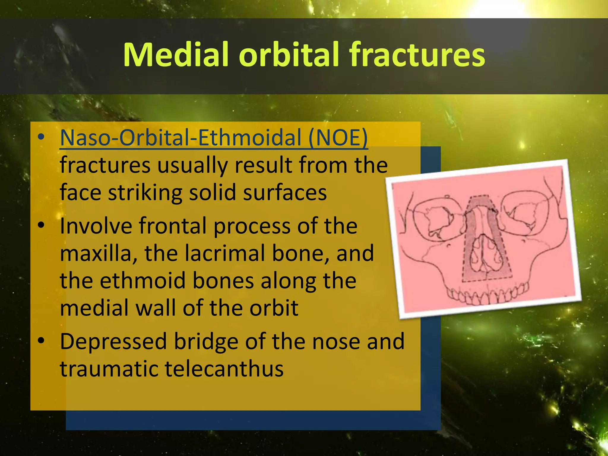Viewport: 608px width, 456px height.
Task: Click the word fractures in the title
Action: [x=417, y=55]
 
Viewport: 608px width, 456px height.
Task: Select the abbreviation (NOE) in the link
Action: [x=338, y=138]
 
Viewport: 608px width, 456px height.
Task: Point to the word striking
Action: [x=145, y=193]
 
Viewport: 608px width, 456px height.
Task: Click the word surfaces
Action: [x=285, y=193]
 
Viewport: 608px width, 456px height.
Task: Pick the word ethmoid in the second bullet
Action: [x=143, y=281]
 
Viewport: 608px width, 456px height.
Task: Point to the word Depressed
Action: [x=113, y=341]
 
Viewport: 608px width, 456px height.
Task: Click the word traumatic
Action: [x=109, y=369]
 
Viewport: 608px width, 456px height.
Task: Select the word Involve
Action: [x=96, y=226]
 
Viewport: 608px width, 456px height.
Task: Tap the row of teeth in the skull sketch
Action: [x=487, y=294]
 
